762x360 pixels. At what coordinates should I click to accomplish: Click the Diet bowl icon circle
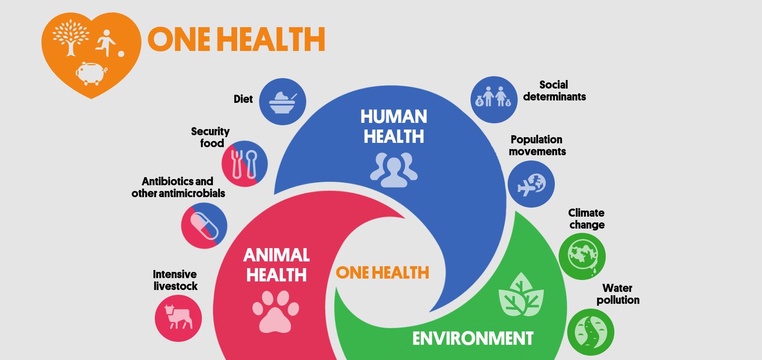coord(282,101)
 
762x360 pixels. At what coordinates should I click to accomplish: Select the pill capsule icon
coord(204,225)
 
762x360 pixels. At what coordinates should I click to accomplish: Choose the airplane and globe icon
coord(531,184)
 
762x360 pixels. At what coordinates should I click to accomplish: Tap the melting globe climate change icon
coord(582,256)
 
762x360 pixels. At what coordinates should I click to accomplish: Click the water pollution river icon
coord(591,332)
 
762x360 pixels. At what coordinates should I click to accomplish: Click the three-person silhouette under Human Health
coord(393,170)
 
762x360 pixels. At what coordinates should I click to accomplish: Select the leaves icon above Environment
coord(521,295)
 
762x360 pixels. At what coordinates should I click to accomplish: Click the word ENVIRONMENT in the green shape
coord(473,339)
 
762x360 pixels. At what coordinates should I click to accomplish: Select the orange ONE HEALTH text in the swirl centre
coord(382,273)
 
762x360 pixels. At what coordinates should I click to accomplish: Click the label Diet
coord(243,99)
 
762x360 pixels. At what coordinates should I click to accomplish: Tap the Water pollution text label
coord(618,294)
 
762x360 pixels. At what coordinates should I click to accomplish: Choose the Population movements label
coord(537,145)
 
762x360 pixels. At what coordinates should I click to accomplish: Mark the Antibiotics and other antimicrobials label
coord(178,187)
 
